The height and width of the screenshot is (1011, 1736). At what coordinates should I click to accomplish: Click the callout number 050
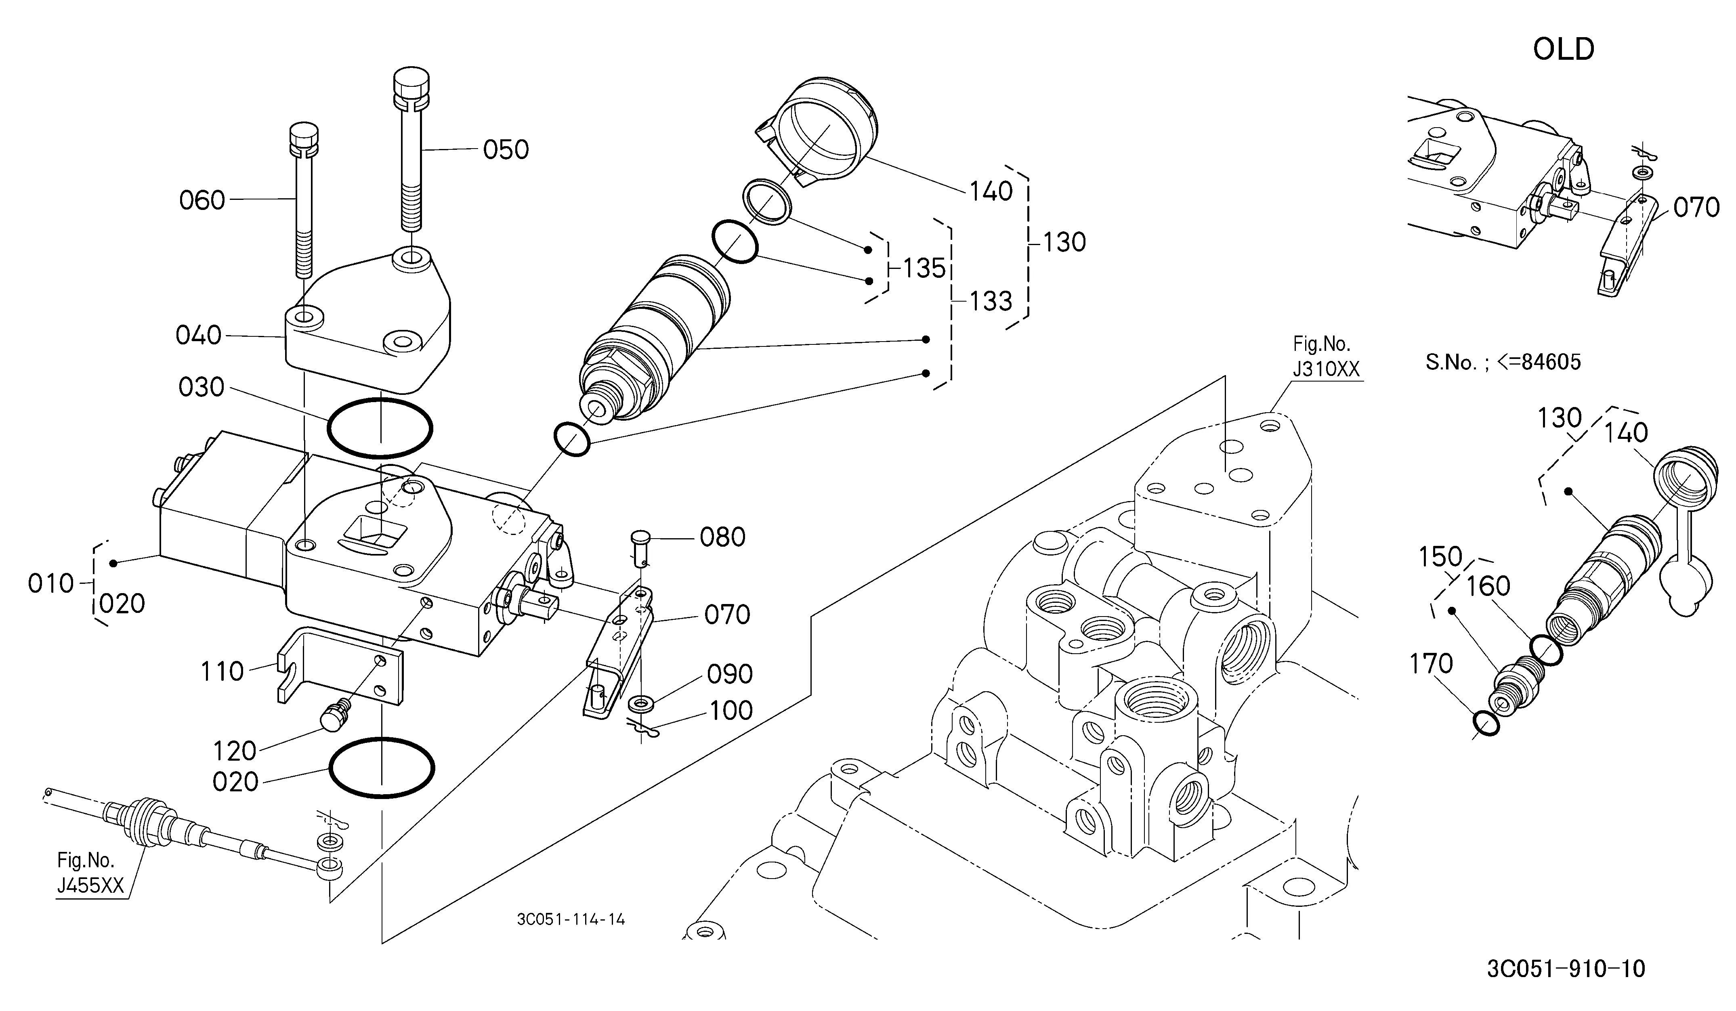[x=506, y=149]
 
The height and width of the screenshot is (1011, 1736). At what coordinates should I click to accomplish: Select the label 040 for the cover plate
[x=198, y=336]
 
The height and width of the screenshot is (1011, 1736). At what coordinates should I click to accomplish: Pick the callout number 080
[x=723, y=537]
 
